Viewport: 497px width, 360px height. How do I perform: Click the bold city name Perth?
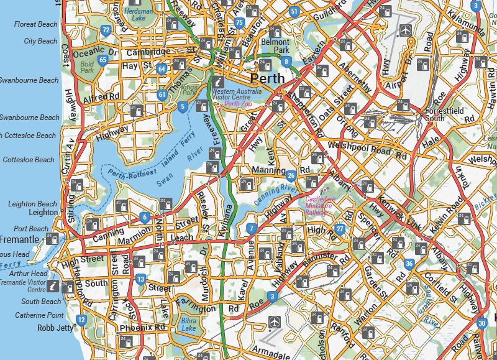pyautogui.click(x=267, y=79)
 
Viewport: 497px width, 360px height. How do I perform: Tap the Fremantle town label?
pyautogui.click(x=19, y=239)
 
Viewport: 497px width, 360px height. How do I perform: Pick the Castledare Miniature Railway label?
pyautogui.click(x=321, y=205)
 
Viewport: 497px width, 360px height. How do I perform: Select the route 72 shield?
pyautogui.click(x=106, y=30)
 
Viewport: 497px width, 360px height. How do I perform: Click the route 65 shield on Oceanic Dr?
pyautogui.click(x=103, y=60)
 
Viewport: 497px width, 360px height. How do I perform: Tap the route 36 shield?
pyautogui.click(x=409, y=264)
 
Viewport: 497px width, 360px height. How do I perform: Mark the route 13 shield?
pyautogui.click(x=141, y=279)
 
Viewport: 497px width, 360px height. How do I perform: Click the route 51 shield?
pyautogui.click(x=294, y=12)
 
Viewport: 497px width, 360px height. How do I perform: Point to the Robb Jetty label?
pyautogui.click(x=55, y=328)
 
